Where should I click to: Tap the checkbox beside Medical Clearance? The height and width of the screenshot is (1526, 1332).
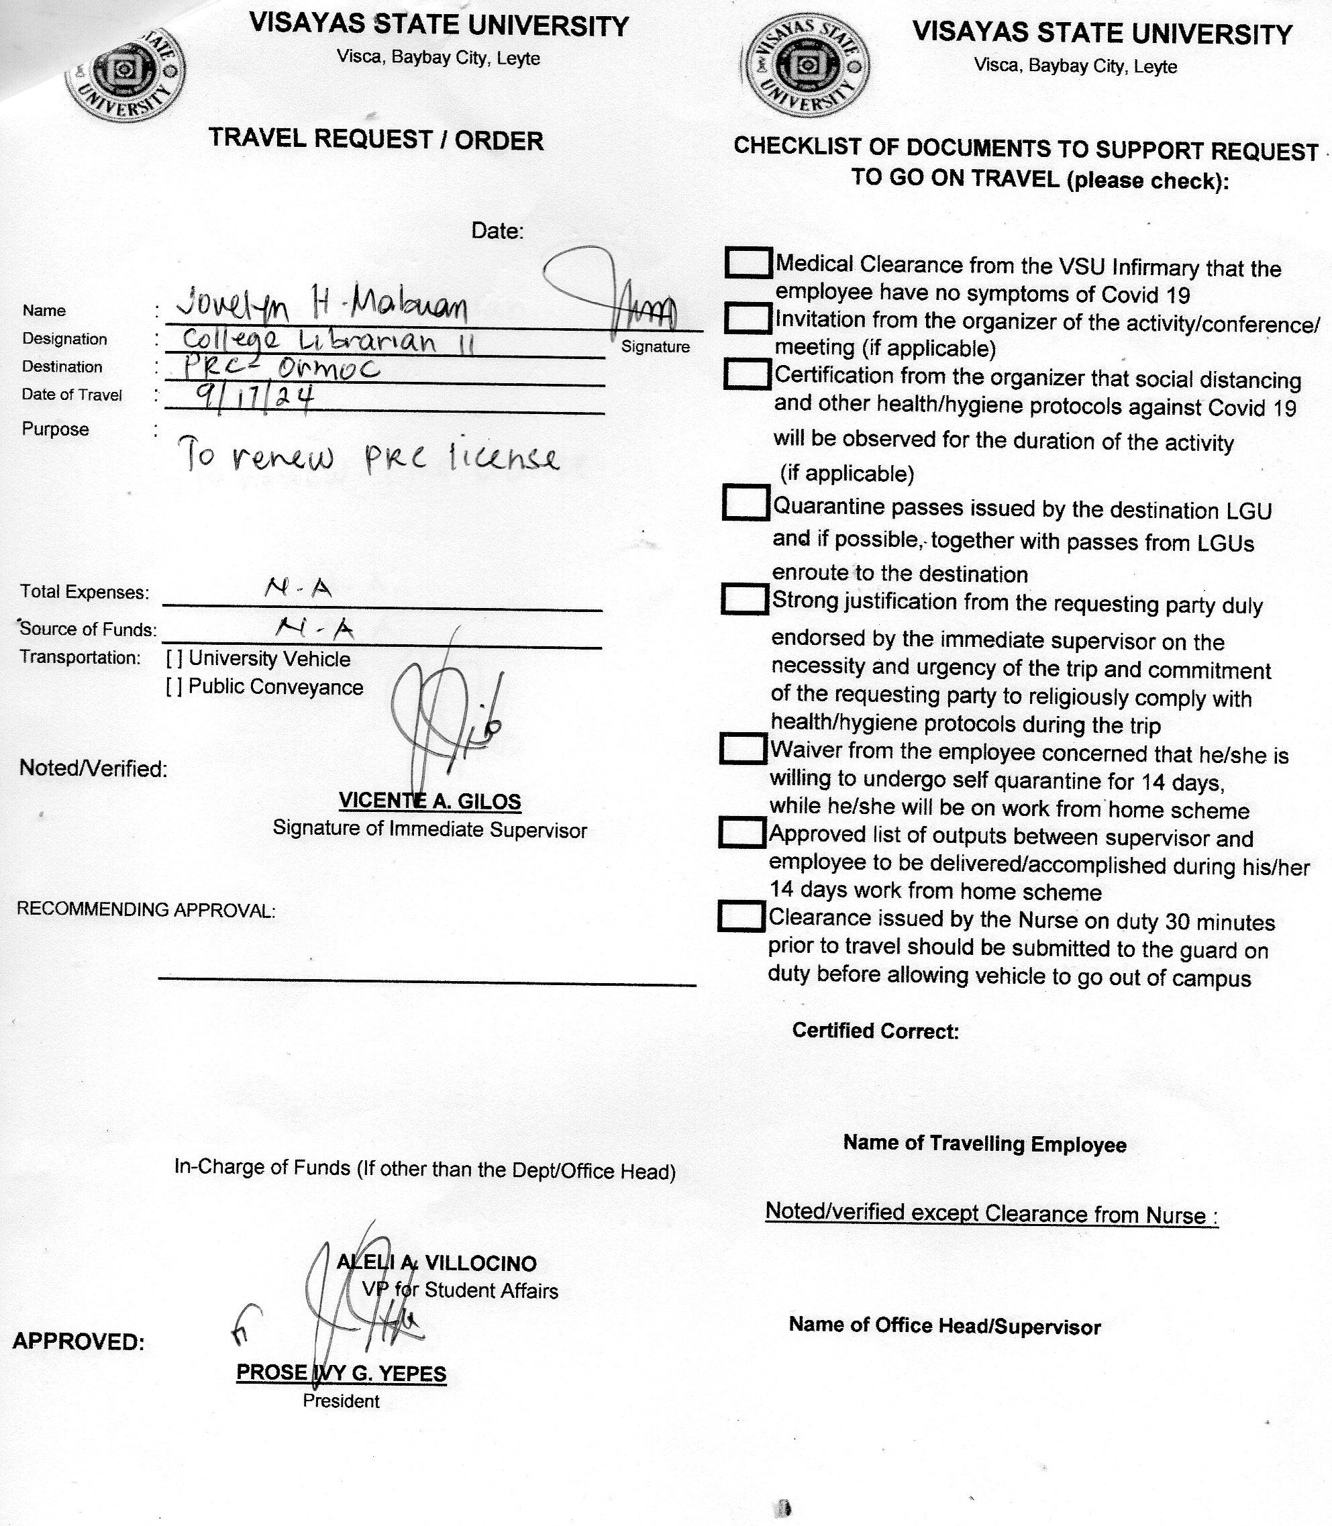747,262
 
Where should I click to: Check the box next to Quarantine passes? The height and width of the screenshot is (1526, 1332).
745,503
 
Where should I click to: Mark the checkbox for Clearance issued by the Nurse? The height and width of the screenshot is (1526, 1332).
741,917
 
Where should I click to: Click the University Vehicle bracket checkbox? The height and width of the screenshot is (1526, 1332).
174,658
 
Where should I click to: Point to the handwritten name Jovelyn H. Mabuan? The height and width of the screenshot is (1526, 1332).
321,305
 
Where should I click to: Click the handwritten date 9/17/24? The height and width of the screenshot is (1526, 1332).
254,399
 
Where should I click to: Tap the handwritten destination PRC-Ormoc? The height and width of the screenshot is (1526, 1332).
281,368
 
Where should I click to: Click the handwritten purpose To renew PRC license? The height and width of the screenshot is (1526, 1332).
368,458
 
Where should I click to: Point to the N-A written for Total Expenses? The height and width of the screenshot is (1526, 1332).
297,589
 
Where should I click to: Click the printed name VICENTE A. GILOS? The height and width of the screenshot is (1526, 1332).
429,801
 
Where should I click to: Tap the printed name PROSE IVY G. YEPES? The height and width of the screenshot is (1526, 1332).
341,1373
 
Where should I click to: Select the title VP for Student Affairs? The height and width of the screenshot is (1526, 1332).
460,1290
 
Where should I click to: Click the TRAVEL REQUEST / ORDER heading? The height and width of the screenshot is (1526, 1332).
376,140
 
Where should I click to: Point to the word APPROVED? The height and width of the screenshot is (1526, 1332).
79,1341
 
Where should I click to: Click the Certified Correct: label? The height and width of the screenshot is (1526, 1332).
875,1030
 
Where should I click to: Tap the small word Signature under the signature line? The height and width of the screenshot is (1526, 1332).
655,347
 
